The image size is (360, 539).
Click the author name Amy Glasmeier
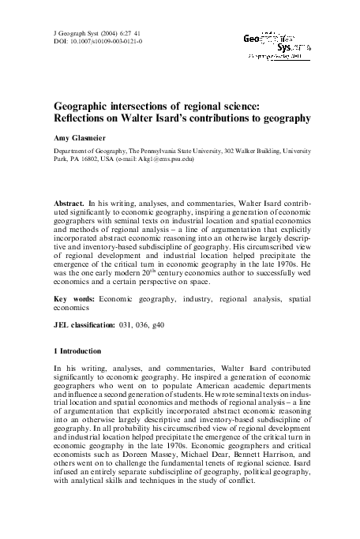point(78,136)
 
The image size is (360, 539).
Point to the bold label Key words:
point(73,298)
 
